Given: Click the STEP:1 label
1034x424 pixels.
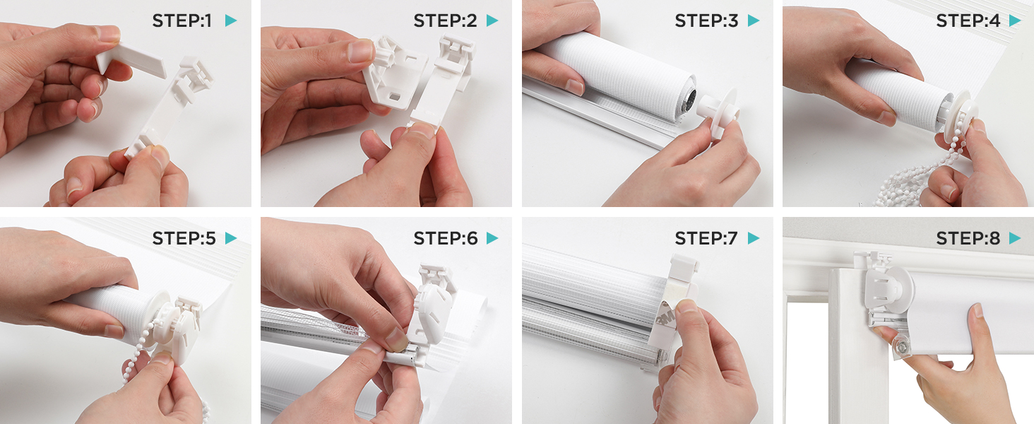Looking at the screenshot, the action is point(182,20).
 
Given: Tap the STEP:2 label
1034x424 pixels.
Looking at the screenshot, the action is point(445,20).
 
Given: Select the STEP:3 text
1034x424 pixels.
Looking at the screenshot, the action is point(706,20).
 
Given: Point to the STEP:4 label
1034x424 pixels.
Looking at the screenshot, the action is point(968,20).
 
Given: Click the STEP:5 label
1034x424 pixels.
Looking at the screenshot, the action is point(184,238).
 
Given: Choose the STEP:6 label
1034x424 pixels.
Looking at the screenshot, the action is point(446,238).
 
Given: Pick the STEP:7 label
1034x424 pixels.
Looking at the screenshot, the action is point(706,238).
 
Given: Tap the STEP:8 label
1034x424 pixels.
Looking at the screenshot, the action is point(968,238).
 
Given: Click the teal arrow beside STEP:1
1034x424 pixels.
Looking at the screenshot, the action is point(231,20).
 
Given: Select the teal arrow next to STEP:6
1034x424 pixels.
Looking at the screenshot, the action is point(492,238).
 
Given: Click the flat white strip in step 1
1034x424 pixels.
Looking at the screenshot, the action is point(131,60).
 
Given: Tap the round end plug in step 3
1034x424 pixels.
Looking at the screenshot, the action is point(719,111).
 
